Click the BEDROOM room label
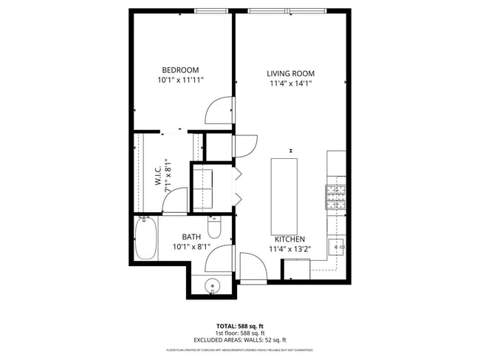pyautogui.click(x=180, y=69)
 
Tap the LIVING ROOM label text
pyautogui.click(x=290, y=74)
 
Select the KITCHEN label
pyautogui.click(x=289, y=239)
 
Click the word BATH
pyautogui.click(x=191, y=237)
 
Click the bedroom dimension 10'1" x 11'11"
pyautogui.click(x=180, y=79)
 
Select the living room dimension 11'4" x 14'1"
pyautogui.click(x=290, y=84)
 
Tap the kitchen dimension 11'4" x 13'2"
pyautogui.click(x=289, y=248)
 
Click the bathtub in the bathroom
pyautogui.click(x=145, y=238)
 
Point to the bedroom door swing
pyautogui.click(x=219, y=111)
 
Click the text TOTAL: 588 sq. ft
pyautogui.click(x=239, y=325)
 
